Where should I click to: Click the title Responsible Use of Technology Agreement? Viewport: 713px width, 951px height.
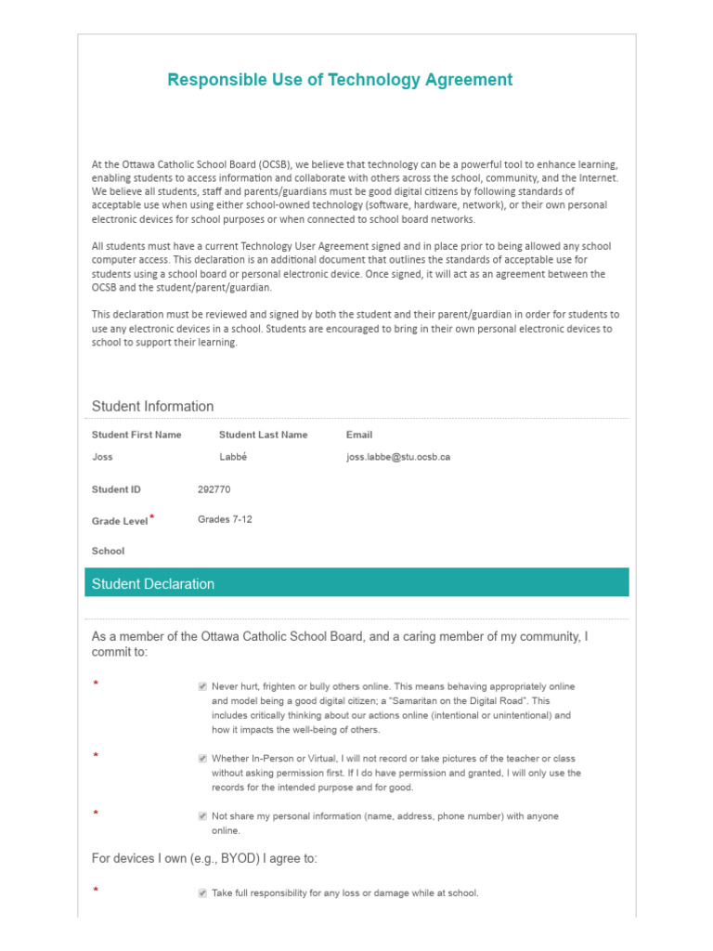[340, 80]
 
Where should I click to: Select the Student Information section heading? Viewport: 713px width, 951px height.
[152, 406]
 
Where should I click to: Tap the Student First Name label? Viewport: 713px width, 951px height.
[136, 435]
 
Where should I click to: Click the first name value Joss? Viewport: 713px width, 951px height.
[102, 457]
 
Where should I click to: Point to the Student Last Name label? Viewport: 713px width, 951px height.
[263, 435]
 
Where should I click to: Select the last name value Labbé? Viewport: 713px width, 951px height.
[234, 457]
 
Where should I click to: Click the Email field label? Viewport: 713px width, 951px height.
[359, 435]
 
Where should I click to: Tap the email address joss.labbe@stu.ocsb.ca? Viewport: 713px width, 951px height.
[398, 457]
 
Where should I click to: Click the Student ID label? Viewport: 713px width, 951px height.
[116, 489]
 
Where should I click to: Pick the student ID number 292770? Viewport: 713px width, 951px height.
[214, 489]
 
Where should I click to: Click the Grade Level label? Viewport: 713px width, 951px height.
[120, 521]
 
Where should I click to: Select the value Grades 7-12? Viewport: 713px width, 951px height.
[225, 519]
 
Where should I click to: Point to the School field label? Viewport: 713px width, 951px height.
[108, 551]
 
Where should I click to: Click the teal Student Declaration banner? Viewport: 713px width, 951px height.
[356, 583]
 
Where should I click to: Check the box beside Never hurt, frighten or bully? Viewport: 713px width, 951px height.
[202, 686]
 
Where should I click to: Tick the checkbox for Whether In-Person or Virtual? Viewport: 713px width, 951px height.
[202, 758]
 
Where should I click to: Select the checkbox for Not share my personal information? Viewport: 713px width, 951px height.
[202, 816]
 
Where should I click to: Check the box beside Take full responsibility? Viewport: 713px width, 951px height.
[202, 893]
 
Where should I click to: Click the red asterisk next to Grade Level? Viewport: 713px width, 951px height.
[152, 516]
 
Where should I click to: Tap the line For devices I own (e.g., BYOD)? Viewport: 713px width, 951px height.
[204, 858]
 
